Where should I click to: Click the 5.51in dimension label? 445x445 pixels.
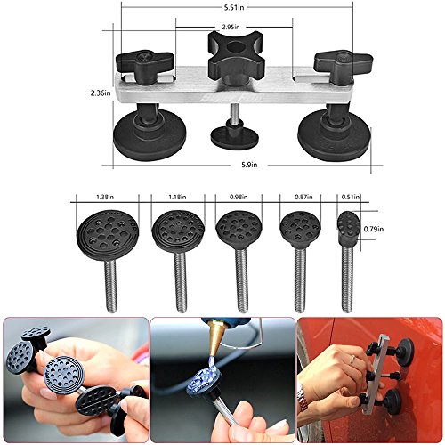click(x=234, y=8)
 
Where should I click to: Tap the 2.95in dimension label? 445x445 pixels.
click(x=231, y=27)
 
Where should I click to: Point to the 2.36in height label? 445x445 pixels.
click(x=101, y=93)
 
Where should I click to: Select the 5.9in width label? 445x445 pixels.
click(x=249, y=165)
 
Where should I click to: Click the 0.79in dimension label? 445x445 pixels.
click(x=374, y=229)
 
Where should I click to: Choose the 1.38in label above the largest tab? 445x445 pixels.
click(x=106, y=197)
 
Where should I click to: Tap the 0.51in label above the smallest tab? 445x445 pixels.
click(x=351, y=197)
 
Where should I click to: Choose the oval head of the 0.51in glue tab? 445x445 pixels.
click(x=349, y=224)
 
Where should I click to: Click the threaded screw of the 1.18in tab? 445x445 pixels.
click(x=180, y=281)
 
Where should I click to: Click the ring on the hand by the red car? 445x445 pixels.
click(x=352, y=360)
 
